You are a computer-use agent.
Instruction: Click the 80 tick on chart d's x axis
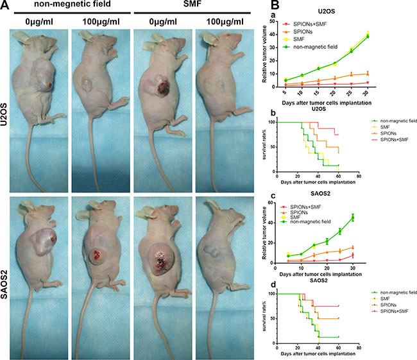(x=359, y=350)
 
